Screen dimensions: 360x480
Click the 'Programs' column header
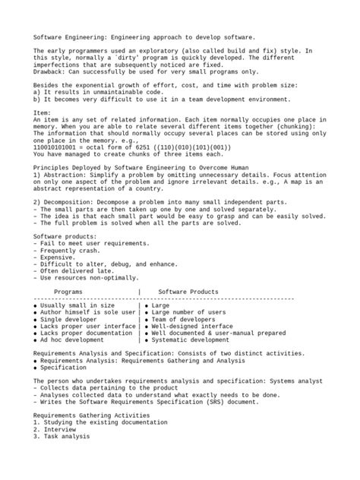[x=69, y=292]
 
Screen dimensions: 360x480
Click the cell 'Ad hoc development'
[x=73, y=341]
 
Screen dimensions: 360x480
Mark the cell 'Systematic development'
[x=193, y=341]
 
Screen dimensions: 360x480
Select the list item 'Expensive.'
[x=56, y=257]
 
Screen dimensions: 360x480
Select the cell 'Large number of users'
[x=191, y=311]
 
